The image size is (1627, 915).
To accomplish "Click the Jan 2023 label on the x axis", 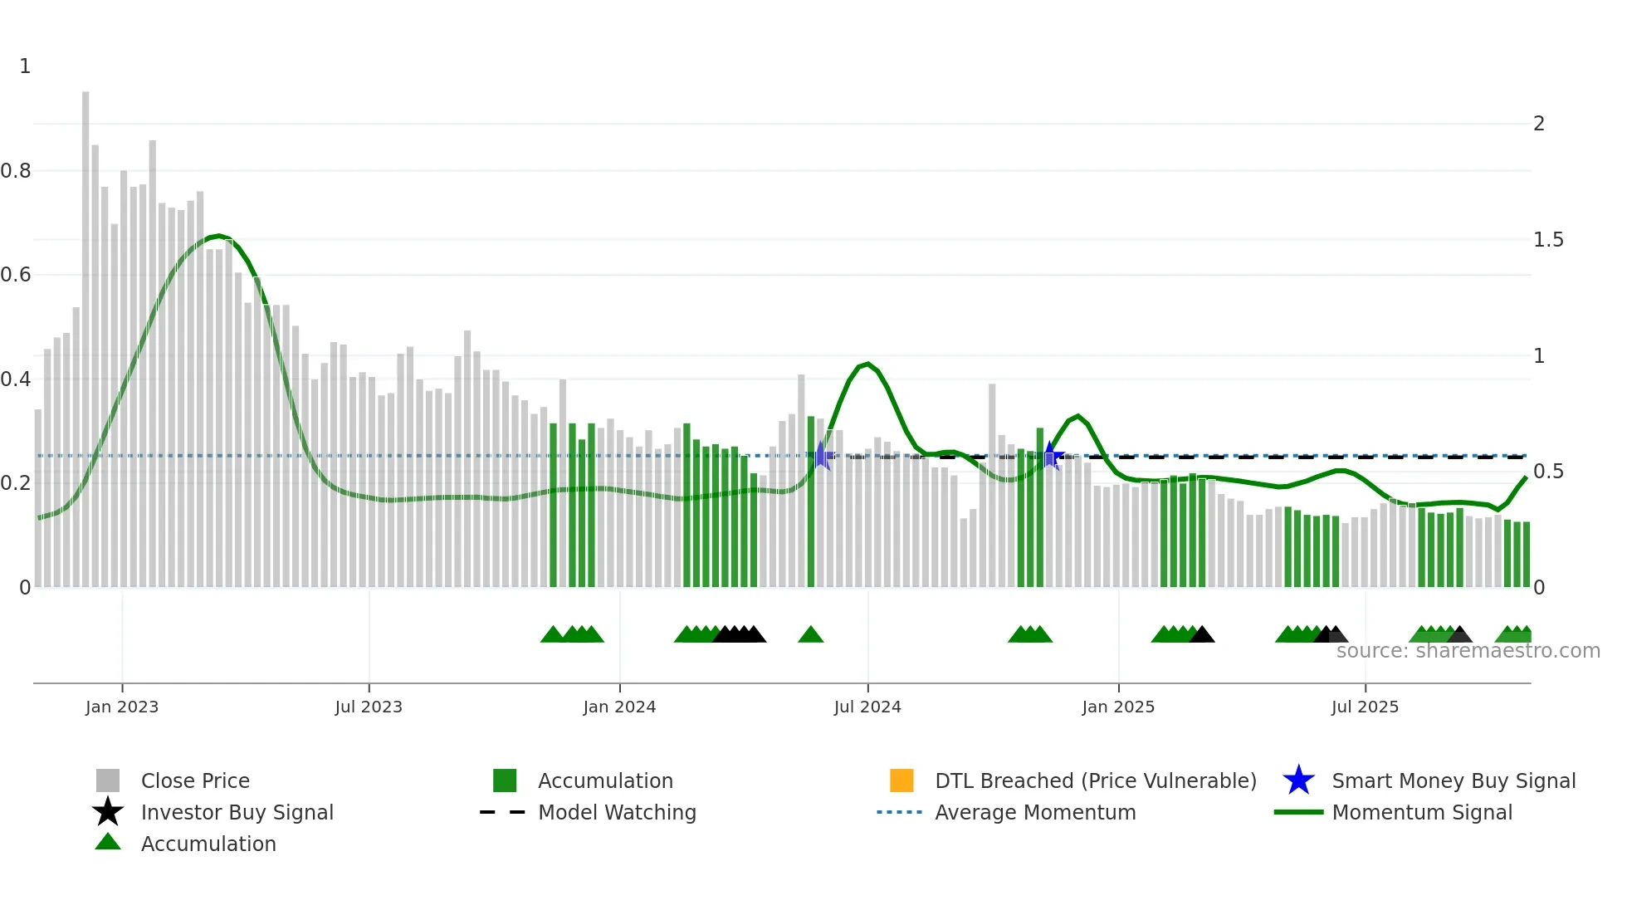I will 122,707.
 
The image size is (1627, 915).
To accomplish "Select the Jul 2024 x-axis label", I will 867,707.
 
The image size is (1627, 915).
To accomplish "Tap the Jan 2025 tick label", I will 1118,707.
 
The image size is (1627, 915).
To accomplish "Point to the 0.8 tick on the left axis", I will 16,171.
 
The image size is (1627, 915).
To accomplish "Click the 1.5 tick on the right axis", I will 1548,240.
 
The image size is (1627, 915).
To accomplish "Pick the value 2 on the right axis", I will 1539,124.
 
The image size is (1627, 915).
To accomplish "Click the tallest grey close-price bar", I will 86,332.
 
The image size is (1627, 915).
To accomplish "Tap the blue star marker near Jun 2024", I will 821,456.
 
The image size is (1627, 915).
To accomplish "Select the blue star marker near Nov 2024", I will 1050,456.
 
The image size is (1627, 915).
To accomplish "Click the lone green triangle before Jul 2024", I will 810,635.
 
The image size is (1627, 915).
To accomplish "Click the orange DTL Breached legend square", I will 901,780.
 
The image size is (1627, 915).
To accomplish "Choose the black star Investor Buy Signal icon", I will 108,812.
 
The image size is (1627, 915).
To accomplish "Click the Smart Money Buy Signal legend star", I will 1298,780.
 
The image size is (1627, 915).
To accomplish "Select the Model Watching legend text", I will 617,812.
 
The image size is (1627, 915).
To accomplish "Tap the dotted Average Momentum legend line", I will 900,812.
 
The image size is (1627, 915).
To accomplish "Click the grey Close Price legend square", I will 108,780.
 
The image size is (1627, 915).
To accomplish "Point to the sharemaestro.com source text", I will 1468,651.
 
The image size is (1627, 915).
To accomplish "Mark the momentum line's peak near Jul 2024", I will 867,364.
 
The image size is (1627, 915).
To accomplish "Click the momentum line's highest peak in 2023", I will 218,236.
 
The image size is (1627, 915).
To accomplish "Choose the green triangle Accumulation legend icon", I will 108,842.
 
